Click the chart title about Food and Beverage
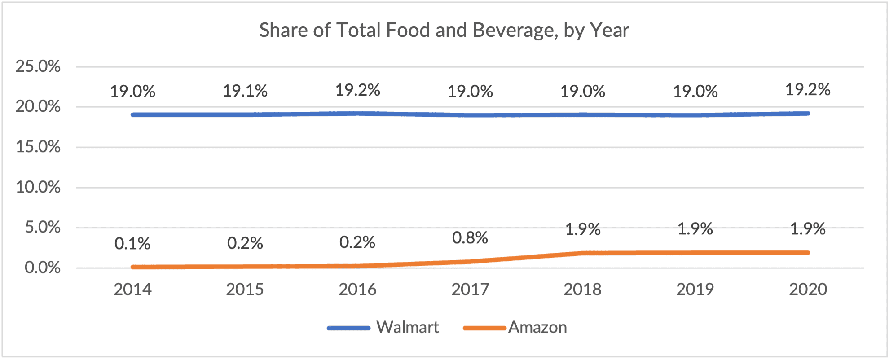point(444,31)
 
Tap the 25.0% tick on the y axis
point(38,66)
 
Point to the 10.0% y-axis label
point(38,187)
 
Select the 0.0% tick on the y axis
point(43,268)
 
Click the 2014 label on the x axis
point(132,290)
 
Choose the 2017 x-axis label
point(470,290)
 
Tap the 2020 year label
point(808,290)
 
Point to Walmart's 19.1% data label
point(245,91)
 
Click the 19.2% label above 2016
point(358,90)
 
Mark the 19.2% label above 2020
point(808,90)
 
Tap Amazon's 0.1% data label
point(132,244)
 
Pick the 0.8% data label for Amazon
point(470,238)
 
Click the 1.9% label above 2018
point(583,229)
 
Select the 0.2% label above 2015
point(245,243)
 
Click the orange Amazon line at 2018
point(583,253)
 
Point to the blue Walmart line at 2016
point(358,114)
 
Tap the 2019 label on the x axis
point(695,290)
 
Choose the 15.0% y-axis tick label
point(38,147)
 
